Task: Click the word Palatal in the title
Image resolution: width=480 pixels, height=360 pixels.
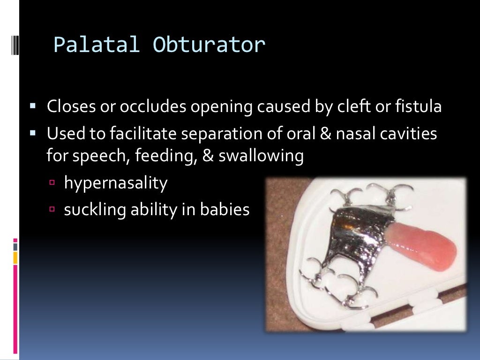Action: pos(97,45)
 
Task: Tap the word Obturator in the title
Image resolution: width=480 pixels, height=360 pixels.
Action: pos(209,45)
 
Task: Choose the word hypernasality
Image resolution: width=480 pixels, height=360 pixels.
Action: pos(115,183)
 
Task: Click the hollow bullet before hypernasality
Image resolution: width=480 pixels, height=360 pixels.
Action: pos(52,183)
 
